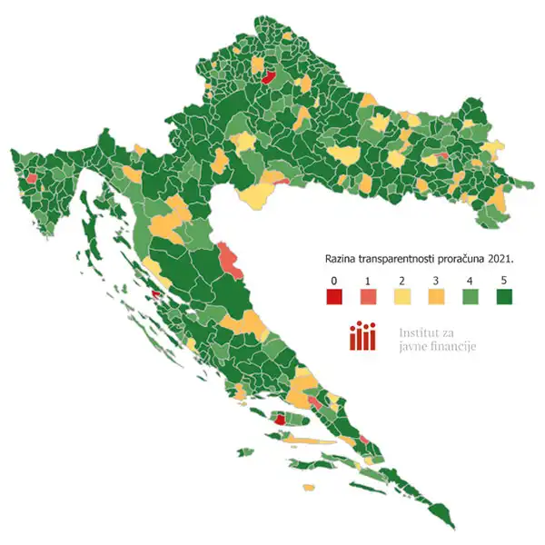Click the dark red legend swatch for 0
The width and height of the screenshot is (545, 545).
[335, 296]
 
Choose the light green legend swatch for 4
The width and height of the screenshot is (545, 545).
[471, 296]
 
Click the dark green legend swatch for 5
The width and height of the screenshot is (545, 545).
[504, 296]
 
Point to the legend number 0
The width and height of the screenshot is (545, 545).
[335, 278]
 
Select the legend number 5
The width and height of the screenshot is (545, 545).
[504, 278]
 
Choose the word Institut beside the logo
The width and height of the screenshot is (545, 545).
[420, 332]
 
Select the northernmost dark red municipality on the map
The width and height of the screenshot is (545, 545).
[268, 78]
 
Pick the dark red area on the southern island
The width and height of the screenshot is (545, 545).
[281, 420]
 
